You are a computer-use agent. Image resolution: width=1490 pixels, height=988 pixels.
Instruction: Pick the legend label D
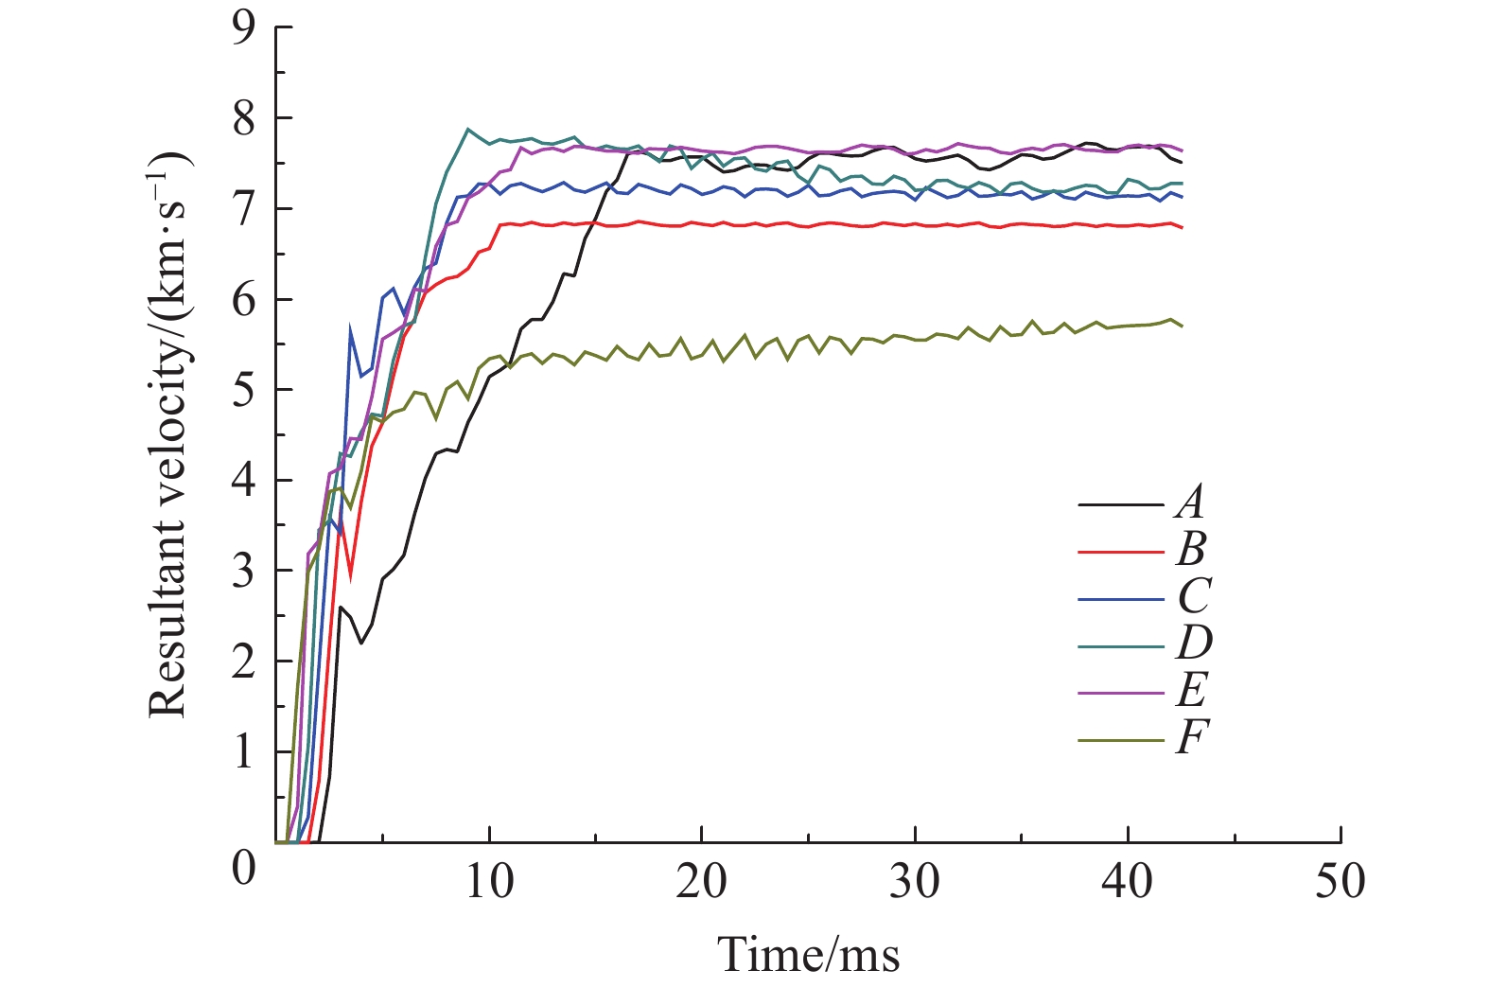click(1192, 644)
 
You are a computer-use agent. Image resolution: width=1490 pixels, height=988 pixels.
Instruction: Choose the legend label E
click(1190, 691)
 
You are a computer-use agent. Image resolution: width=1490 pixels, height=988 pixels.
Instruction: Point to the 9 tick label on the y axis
click(244, 28)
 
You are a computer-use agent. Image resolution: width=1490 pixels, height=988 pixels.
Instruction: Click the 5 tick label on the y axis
click(244, 391)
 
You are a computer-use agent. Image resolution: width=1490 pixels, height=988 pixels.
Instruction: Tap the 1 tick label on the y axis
click(244, 753)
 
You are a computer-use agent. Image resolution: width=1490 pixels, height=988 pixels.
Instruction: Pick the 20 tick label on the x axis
click(701, 883)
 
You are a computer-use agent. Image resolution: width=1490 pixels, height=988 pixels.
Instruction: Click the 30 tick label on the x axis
click(915, 883)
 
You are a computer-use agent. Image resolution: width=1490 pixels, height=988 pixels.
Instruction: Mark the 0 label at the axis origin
click(244, 866)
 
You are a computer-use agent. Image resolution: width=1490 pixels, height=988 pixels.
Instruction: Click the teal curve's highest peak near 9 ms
click(467, 130)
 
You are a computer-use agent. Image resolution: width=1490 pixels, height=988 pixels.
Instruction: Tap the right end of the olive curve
click(1182, 326)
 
